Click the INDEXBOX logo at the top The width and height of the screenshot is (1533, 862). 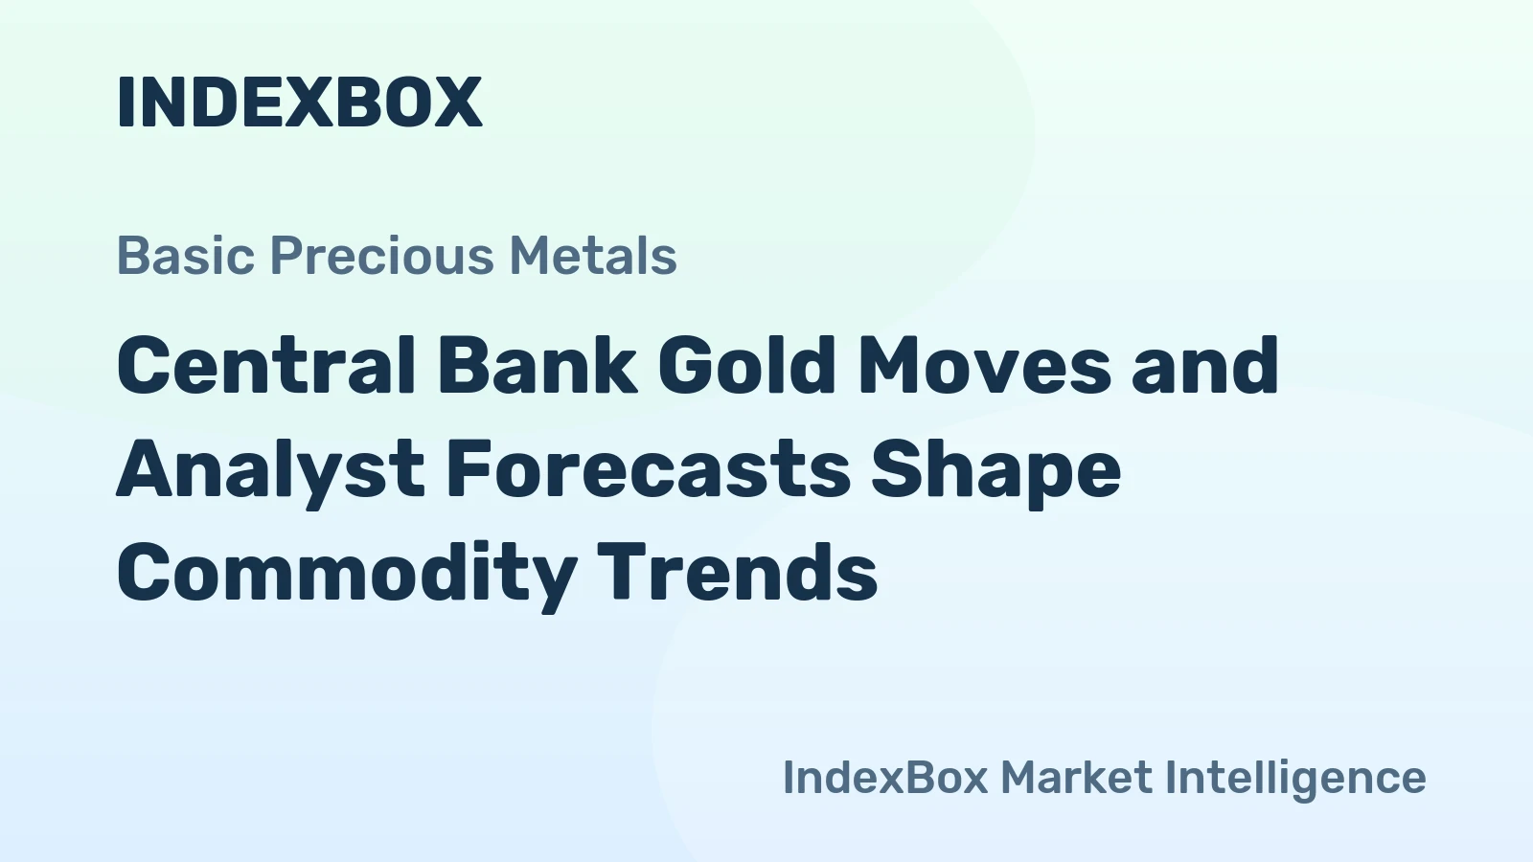point(300,102)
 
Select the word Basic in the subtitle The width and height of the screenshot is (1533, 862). point(186,256)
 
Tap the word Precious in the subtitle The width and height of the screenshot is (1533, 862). point(382,256)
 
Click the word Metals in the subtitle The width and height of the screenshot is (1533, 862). point(593,256)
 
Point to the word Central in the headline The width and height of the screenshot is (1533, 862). point(266,365)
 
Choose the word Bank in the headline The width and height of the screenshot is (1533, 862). point(538,365)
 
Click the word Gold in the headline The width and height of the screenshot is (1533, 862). point(746,365)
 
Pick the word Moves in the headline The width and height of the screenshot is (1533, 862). point(984,365)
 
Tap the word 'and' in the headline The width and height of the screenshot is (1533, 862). point(1205,365)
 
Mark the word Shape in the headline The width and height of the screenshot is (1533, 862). point(995,473)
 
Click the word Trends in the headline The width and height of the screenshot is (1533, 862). point(738,572)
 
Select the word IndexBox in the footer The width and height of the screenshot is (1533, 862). point(885,778)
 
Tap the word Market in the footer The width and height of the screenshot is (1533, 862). point(1077,778)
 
